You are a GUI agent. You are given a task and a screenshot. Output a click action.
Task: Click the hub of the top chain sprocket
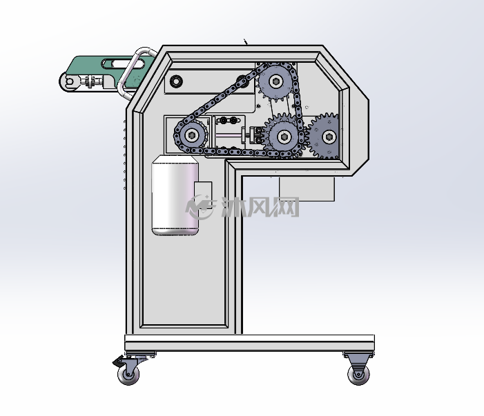275,81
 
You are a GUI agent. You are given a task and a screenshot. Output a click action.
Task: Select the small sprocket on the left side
192,135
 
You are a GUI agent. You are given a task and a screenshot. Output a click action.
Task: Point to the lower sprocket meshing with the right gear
283,136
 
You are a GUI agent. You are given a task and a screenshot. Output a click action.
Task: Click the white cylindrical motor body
175,195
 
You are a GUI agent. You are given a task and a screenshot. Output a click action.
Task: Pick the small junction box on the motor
203,195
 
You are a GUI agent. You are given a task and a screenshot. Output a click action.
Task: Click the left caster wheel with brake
128,375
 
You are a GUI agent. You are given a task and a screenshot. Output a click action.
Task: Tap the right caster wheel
358,375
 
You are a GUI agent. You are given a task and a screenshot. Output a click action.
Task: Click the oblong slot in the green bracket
122,64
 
